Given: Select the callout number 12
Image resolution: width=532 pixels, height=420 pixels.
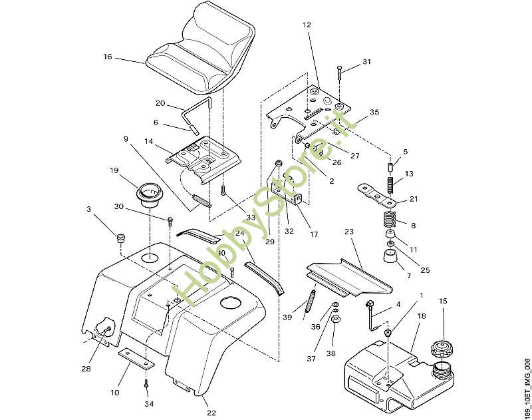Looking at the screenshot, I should click(307, 25).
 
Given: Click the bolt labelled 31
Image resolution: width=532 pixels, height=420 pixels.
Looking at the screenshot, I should click(340, 72).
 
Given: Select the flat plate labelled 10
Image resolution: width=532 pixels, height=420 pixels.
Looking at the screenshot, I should click(136, 360).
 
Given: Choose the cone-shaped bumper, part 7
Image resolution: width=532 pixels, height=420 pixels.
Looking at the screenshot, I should click(390, 257).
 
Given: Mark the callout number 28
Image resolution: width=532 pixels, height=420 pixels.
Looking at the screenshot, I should click(86, 369).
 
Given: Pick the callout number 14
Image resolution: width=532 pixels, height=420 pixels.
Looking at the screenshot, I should click(149, 142).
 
